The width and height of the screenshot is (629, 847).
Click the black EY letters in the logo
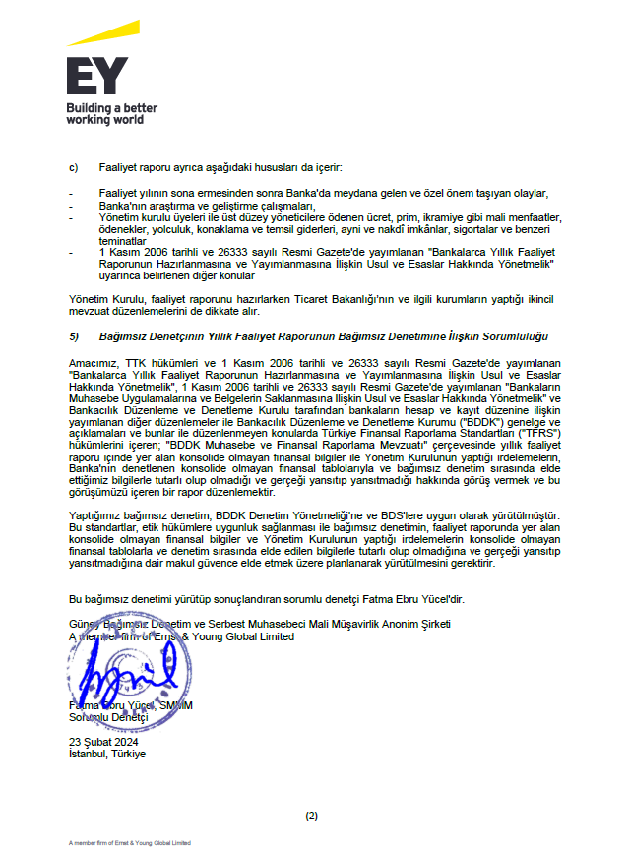[x=96, y=77]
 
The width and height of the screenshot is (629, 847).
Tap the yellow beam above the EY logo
[x=102, y=34]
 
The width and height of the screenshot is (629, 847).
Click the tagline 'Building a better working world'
[x=111, y=113]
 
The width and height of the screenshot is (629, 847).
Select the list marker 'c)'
[x=72, y=168]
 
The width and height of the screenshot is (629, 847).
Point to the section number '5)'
[x=73, y=336]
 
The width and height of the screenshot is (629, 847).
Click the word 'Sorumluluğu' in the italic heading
[x=514, y=336]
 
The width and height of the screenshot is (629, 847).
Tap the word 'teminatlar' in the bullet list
[x=122, y=240]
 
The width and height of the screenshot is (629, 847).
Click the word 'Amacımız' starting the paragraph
[x=90, y=363]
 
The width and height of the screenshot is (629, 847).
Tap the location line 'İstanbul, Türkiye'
[x=106, y=754]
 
